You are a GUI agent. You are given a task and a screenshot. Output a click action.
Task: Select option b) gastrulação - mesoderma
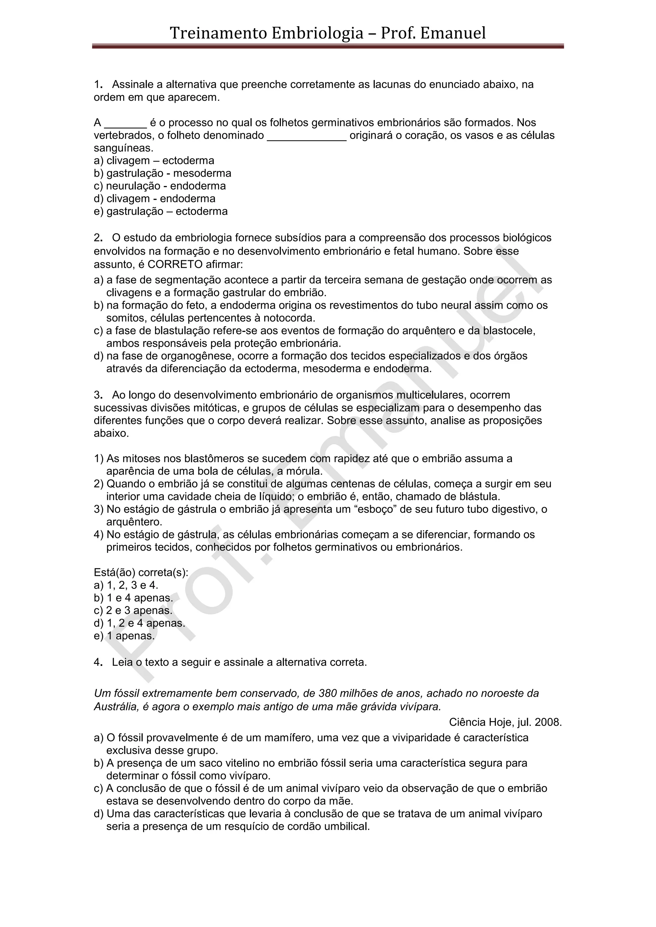point(162,173)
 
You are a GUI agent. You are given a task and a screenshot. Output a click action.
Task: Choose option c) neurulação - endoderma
point(160,186)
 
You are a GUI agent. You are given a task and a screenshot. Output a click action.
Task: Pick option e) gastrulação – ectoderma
point(160,211)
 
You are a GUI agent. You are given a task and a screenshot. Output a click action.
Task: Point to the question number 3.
point(97,395)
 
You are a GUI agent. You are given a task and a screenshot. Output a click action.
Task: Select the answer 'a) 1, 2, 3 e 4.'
point(126,585)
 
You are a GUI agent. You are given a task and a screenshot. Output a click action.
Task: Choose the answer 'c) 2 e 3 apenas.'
point(133,610)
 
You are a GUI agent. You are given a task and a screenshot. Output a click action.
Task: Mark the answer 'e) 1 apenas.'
point(124,636)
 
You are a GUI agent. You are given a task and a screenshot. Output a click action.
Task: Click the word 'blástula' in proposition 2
point(476,496)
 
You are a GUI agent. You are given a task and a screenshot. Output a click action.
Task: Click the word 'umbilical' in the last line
point(348,826)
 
